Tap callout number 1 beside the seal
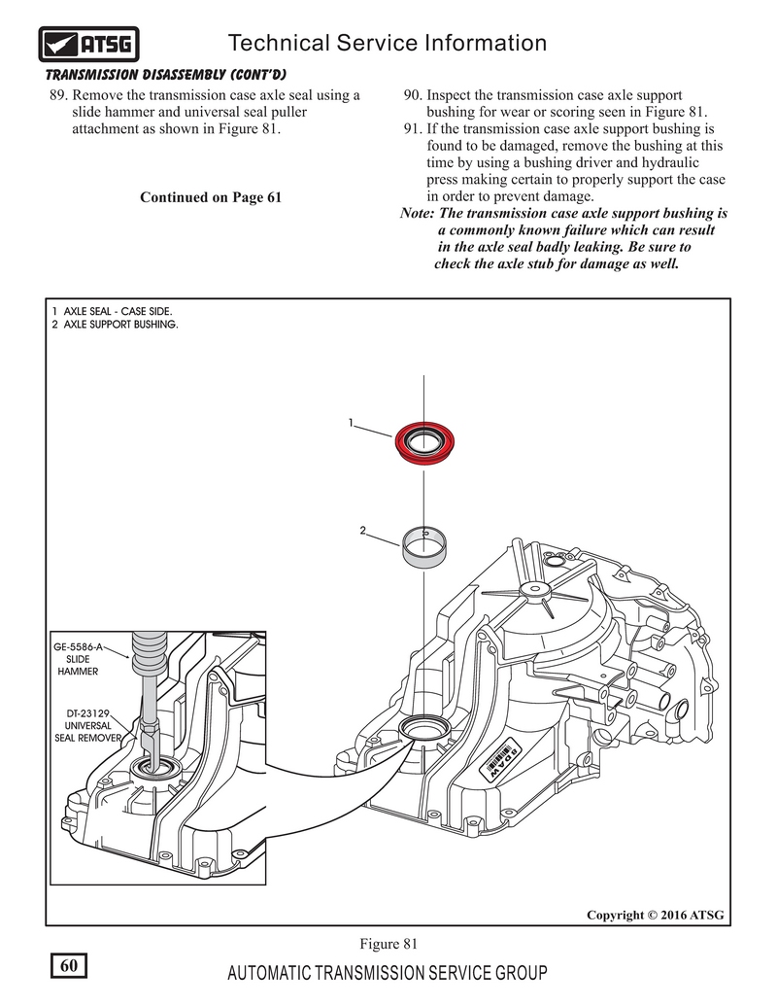pos(349,424)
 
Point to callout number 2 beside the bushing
pos(361,531)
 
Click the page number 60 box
pos(68,965)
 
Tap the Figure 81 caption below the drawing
pos(388,943)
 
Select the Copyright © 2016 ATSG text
pos(655,915)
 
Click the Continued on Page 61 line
pos(211,197)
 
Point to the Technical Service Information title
pos(386,43)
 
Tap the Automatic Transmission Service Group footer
pos(387,974)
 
